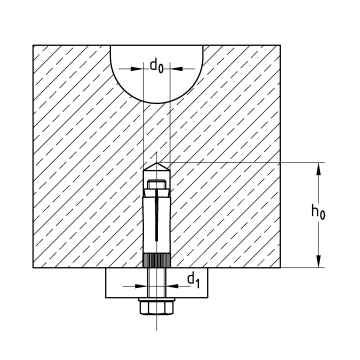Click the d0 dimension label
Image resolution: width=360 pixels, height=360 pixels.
[158, 68]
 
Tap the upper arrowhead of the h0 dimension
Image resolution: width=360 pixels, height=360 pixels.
[320, 169]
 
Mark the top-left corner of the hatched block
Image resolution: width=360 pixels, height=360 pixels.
[34, 44]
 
